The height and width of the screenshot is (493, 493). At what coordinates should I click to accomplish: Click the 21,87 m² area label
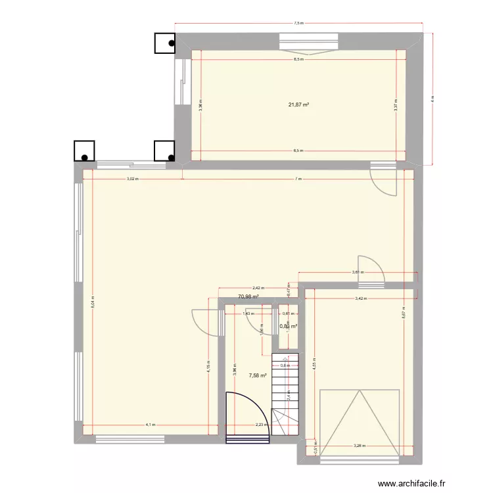tap(298, 104)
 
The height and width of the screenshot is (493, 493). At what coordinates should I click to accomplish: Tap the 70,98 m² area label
tap(248, 296)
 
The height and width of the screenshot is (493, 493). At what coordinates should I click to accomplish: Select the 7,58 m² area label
tap(257, 376)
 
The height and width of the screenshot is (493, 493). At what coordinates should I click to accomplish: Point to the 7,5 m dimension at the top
tap(299, 23)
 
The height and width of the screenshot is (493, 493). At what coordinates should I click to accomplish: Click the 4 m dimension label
tap(433, 99)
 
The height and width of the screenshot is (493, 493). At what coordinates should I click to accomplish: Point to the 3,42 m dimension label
tap(361, 299)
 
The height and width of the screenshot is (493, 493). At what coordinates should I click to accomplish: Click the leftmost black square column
tap(85, 151)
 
